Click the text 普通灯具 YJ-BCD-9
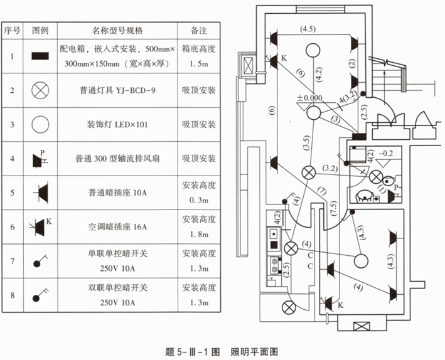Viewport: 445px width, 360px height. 118,90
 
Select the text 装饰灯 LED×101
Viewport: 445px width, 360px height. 118,124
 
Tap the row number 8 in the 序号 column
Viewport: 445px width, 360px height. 12,294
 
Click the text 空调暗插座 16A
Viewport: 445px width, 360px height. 117,226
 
